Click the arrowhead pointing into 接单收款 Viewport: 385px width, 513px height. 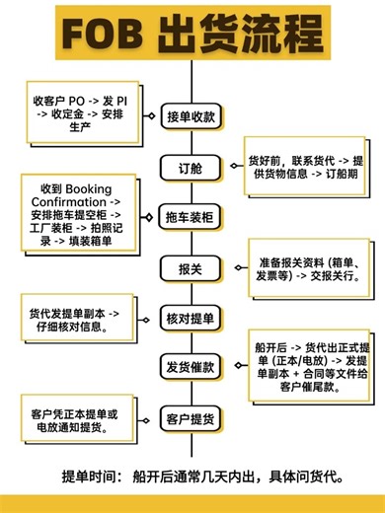[x=148, y=117]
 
